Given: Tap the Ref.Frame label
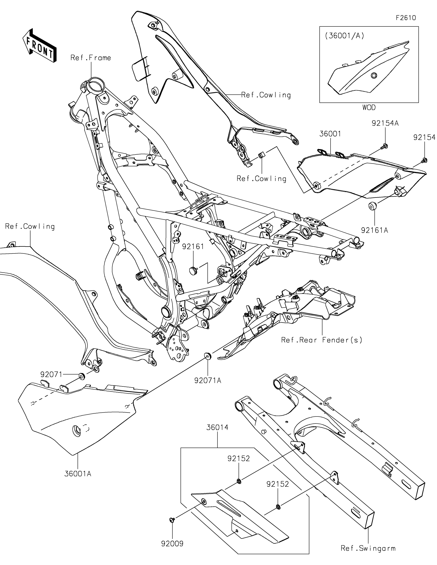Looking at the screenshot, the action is coord(91,58).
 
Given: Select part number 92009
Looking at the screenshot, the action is coord(172,544).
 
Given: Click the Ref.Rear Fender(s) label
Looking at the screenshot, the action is coord(322,340).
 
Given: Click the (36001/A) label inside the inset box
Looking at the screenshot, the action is coord(345,36).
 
